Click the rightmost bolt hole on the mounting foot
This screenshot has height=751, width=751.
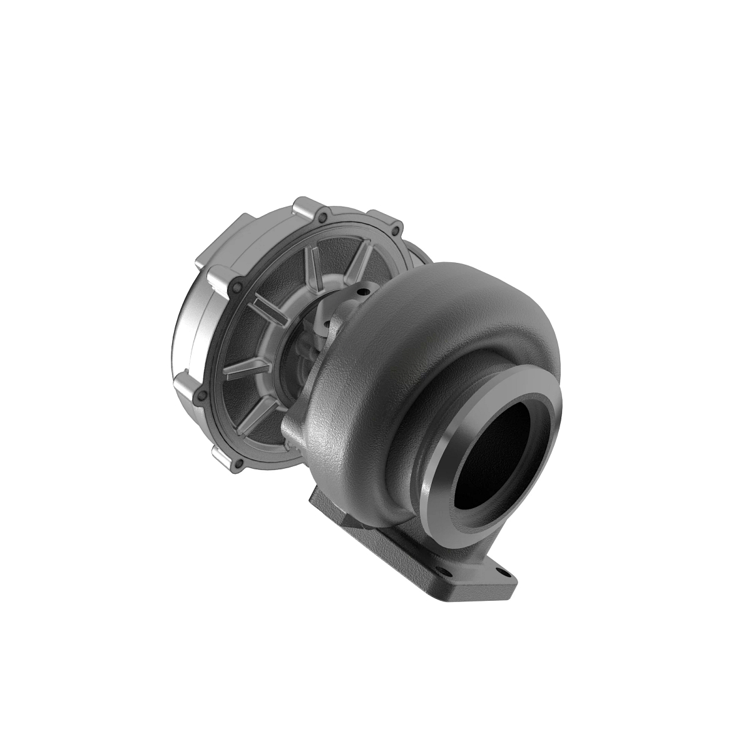pos(500,571)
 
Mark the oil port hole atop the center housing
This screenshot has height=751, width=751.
pos(361,291)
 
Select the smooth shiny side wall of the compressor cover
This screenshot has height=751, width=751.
pos(188,325)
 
